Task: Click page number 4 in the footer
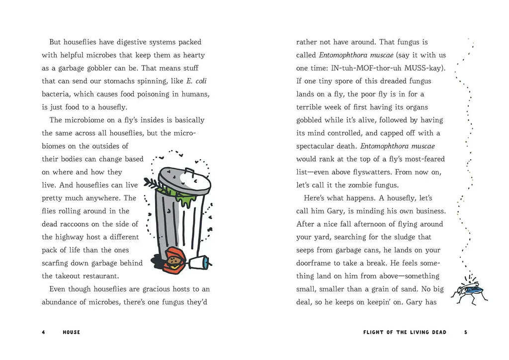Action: [43, 332]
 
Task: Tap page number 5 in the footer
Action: [465, 332]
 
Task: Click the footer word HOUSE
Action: [72, 332]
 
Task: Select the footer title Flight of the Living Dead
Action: [405, 332]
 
